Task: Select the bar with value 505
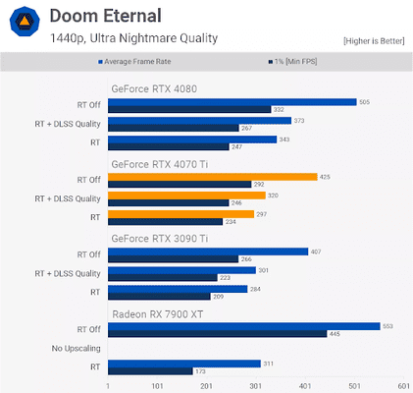point(232,101)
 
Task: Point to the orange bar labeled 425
point(212,177)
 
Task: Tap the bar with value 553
point(243,326)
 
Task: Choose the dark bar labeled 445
point(217,334)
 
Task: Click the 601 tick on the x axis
point(403,385)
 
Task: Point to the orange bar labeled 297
point(181,214)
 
